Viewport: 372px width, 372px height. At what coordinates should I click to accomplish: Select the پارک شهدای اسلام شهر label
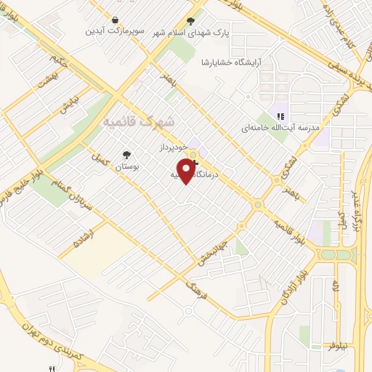(x=190, y=33)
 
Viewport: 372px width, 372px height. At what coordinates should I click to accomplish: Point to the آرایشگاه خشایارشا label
(x=232, y=62)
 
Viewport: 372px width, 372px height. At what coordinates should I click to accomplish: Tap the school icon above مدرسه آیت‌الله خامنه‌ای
(x=279, y=116)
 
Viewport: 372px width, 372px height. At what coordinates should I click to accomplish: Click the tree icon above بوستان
(x=128, y=154)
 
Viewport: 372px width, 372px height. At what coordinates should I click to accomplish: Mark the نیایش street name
(x=67, y=105)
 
